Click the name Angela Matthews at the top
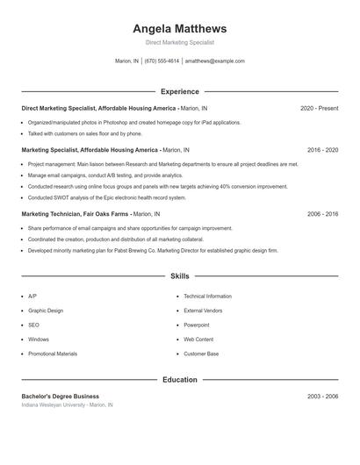(180, 28)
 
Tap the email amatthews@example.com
(215, 61)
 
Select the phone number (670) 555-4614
(162, 61)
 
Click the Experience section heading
(180, 91)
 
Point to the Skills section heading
(180, 276)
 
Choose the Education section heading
(180, 380)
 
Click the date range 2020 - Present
(319, 108)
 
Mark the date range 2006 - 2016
(322, 214)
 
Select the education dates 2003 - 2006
(322, 397)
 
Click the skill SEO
(32, 325)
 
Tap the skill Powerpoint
(198, 325)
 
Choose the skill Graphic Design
(46, 311)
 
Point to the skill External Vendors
(203, 311)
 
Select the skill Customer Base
(201, 354)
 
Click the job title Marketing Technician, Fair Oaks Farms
(76, 214)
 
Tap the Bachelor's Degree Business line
(61, 397)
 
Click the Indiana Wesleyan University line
(68, 405)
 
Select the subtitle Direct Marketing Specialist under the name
(180, 42)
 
